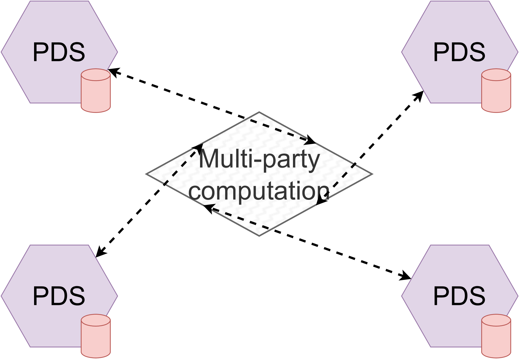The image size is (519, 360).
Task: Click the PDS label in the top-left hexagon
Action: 59,52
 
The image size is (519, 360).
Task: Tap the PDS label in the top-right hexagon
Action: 459,52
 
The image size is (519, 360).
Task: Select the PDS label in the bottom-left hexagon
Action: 59,296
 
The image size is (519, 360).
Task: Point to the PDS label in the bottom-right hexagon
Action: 459,296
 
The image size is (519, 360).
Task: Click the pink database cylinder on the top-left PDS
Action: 96,90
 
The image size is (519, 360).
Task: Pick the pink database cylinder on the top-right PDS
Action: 496,90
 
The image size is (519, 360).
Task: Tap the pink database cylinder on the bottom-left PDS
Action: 96,336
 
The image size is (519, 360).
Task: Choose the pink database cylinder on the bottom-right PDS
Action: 496,336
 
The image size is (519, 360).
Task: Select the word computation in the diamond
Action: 259,191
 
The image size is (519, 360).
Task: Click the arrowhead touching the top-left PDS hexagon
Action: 112,72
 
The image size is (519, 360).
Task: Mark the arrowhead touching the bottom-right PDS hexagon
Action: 406,276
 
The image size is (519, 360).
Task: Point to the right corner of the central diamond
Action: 371,174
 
